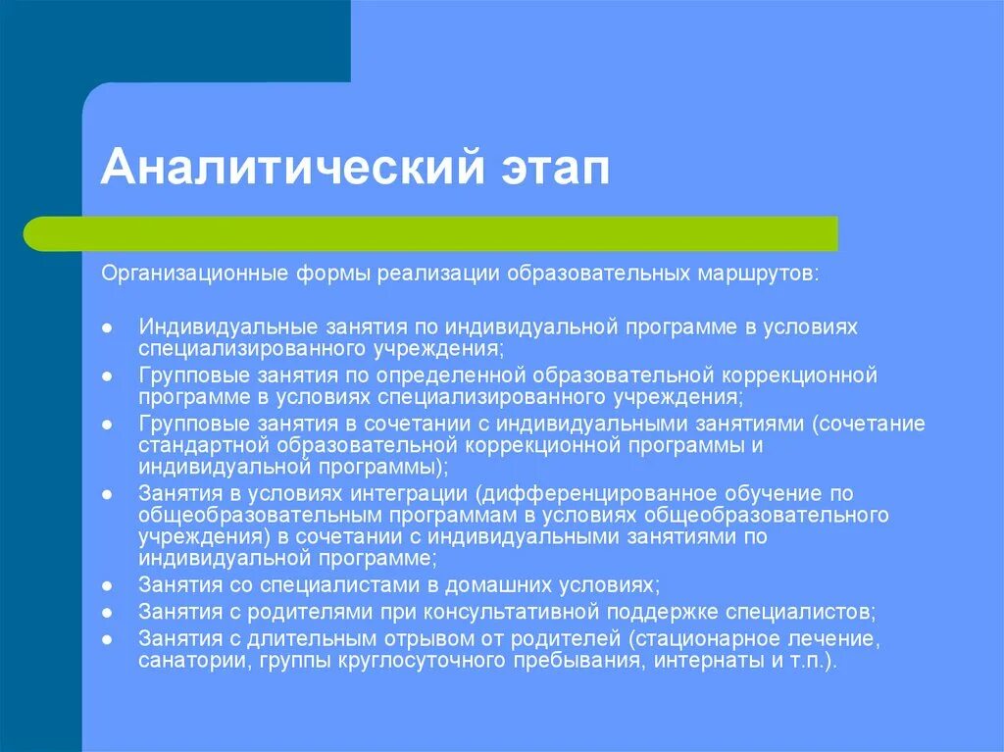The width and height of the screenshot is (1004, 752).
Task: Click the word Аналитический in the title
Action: pos(279,166)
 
